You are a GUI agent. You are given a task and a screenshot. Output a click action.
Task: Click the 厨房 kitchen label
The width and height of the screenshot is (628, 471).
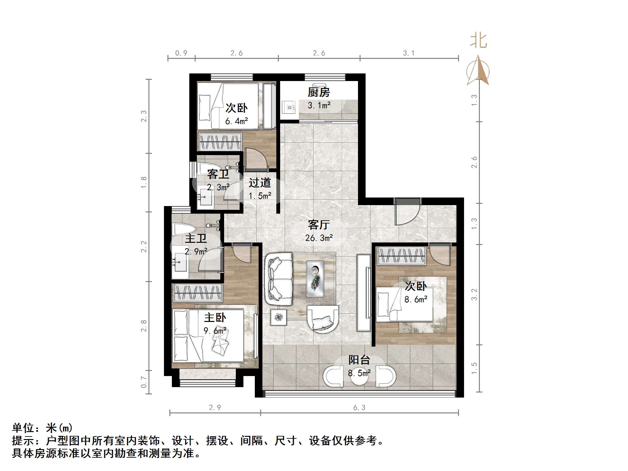click(319, 92)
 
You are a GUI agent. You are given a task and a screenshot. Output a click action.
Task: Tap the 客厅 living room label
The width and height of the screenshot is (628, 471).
click(319, 225)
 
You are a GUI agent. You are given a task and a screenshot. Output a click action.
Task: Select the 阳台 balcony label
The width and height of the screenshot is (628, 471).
click(359, 360)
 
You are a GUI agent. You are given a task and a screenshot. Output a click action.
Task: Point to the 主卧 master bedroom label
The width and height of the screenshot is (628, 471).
click(215, 317)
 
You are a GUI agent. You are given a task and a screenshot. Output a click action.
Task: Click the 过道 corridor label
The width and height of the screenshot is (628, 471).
click(260, 183)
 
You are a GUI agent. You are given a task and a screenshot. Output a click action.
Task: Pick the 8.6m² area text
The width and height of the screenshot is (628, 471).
click(416, 299)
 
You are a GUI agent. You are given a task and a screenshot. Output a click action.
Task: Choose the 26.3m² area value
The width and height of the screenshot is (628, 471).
click(319, 238)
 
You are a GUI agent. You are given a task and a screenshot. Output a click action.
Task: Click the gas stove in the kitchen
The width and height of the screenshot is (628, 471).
click(289, 107)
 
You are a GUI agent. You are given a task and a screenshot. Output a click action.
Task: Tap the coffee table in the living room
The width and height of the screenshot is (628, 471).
click(315, 279)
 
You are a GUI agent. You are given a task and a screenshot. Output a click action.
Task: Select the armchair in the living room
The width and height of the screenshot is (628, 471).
click(323, 319)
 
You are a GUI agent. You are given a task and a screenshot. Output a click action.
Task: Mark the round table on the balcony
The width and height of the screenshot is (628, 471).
click(359, 376)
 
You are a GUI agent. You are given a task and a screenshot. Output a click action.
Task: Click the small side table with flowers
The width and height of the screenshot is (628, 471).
click(279, 317)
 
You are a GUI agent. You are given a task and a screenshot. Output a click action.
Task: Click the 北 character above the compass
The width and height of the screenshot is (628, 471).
click(478, 41)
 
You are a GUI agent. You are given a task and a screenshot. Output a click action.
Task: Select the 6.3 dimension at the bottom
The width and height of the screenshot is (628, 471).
click(359, 408)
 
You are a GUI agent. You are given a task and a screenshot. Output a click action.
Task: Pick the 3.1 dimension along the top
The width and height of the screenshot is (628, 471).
click(409, 53)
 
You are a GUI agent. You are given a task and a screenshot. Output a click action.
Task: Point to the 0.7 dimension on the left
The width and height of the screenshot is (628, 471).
click(144, 382)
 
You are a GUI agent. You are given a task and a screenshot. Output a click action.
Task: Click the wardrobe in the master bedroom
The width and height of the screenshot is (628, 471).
click(198, 293)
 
